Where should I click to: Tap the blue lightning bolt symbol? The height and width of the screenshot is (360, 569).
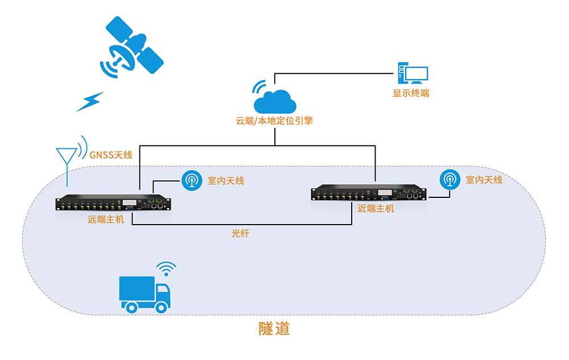(x=90, y=102)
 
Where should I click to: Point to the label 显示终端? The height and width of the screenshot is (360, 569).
(x=411, y=93)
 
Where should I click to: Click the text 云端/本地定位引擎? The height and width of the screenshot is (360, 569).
(x=275, y=121)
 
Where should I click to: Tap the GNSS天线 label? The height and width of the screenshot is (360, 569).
(x=112, y=154)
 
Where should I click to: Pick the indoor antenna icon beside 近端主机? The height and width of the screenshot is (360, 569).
(x=450, y=180)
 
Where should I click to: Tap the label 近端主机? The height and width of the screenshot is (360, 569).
(x=376, y=209)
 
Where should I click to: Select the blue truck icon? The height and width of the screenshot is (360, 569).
(x=145, y=293)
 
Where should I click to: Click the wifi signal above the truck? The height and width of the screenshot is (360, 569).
(x=167, y=268)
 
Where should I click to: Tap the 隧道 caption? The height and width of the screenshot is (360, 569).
(x=274, y=329)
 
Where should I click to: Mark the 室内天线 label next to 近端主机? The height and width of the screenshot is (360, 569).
(x=484, y=180)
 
